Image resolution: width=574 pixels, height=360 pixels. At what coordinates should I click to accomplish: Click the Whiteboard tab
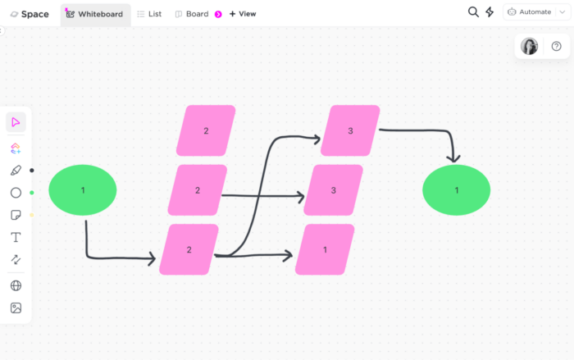point(95,14)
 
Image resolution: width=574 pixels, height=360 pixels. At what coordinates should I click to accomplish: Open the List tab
point(149,14)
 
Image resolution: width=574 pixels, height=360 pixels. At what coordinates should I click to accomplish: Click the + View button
point(242,14)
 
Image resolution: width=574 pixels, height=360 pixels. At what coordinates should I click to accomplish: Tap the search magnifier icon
point(473,12)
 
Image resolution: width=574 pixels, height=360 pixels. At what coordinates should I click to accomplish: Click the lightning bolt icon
point(490,12)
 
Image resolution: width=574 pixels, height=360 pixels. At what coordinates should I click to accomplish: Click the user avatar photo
point(530,46)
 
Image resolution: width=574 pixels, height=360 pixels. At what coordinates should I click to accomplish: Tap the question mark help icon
point(556,46)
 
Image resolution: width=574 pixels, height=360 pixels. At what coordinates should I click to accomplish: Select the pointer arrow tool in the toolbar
point(16,122)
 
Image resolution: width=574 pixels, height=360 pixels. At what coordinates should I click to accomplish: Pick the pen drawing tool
point(16,171)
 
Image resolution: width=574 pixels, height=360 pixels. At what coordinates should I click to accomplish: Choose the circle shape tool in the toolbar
point(16,193)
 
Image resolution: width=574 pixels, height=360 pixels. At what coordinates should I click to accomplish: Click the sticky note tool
point(16,215)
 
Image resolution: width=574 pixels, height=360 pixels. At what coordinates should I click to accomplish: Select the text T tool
point(16,237)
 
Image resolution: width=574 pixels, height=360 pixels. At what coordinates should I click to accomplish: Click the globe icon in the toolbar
point(16,285)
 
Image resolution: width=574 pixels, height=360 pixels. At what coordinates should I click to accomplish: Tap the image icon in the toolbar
point(16,308)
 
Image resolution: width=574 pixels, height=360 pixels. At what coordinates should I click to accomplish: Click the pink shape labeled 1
point(325,249)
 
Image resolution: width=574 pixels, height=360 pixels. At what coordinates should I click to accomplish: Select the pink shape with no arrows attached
point(206,130)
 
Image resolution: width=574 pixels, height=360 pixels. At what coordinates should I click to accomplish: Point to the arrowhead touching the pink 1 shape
point(289,256)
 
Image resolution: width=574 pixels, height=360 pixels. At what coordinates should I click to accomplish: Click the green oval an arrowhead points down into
point(456,190)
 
